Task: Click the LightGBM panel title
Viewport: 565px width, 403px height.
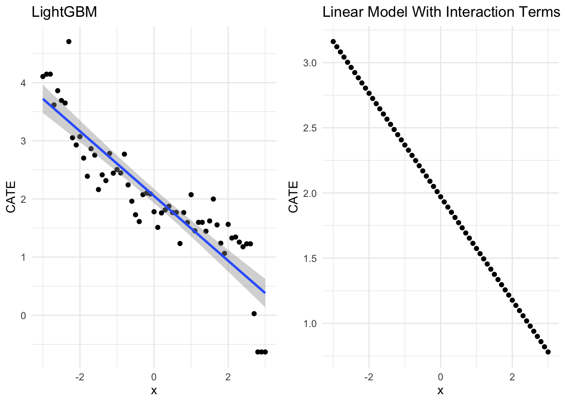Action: [64, 12]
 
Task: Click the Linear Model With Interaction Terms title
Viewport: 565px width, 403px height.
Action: [441, 12]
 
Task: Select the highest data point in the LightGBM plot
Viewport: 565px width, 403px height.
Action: [69, 42]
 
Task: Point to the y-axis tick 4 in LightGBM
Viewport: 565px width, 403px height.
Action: [24, 83]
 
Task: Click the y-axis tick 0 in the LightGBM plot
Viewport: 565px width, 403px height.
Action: [24, 316]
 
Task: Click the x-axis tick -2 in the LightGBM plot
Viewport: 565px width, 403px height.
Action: [79, 376]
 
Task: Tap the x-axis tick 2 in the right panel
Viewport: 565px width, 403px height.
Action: [512, 376]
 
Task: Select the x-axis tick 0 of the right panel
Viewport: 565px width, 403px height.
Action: [441, 376]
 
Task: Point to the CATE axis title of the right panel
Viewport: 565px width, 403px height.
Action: [293, 196]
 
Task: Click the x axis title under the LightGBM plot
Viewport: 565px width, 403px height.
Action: [154, 391]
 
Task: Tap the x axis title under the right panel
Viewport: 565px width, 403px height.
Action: [441, 391]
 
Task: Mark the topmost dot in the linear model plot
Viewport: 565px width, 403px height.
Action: [333, 42]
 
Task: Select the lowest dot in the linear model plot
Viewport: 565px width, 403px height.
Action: [548, 352]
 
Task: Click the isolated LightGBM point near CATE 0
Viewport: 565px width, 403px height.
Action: [254, 314]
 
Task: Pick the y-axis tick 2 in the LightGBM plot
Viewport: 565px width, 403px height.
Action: [24, 199]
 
